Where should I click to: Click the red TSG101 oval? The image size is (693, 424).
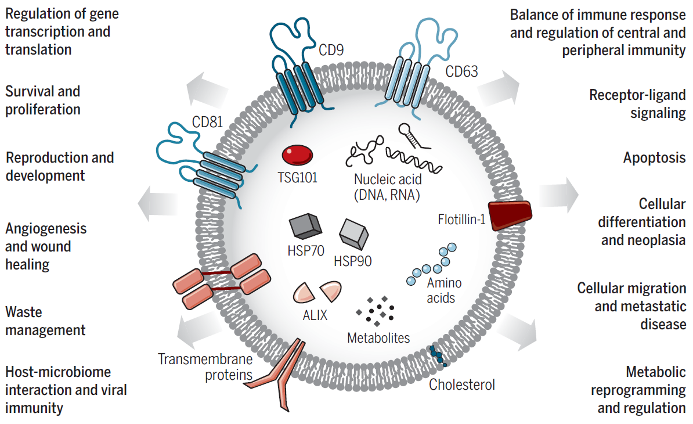(297, 156)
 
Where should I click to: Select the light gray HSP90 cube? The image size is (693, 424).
(354, 234)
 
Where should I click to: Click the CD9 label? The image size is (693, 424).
(331, 51)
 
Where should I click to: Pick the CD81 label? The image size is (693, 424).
(207, 123)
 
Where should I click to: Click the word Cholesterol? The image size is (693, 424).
(462, 384)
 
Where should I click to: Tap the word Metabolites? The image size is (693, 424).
(378, 337)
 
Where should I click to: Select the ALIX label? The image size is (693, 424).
(315, 315)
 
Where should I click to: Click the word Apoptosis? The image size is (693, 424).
(654, 157)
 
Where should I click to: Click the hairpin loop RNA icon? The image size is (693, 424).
(413, 135)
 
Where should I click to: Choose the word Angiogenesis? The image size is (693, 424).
(46, 228)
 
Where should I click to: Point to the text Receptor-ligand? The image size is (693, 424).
(637, 95)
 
